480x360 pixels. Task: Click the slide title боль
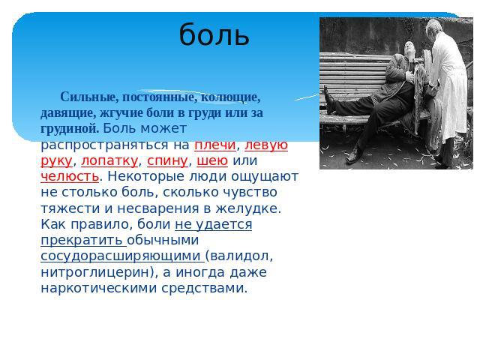pos(214,35)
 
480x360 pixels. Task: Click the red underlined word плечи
pos(215,145)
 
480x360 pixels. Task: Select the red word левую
pos(266,145)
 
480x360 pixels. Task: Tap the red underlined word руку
pos(56,161)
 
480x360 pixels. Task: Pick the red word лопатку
pos(109,160)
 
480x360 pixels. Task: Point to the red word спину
pos(167,161)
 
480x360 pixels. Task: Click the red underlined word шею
pos(212,160)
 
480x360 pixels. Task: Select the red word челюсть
pos(70,177)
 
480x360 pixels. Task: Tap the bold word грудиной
pos(69,129)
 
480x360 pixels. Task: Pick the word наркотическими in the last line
pos(98,288)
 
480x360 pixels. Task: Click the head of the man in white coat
pos(435,27)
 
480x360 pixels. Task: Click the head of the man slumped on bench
pos(409,48)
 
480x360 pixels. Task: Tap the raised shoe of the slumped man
pos(329,100)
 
